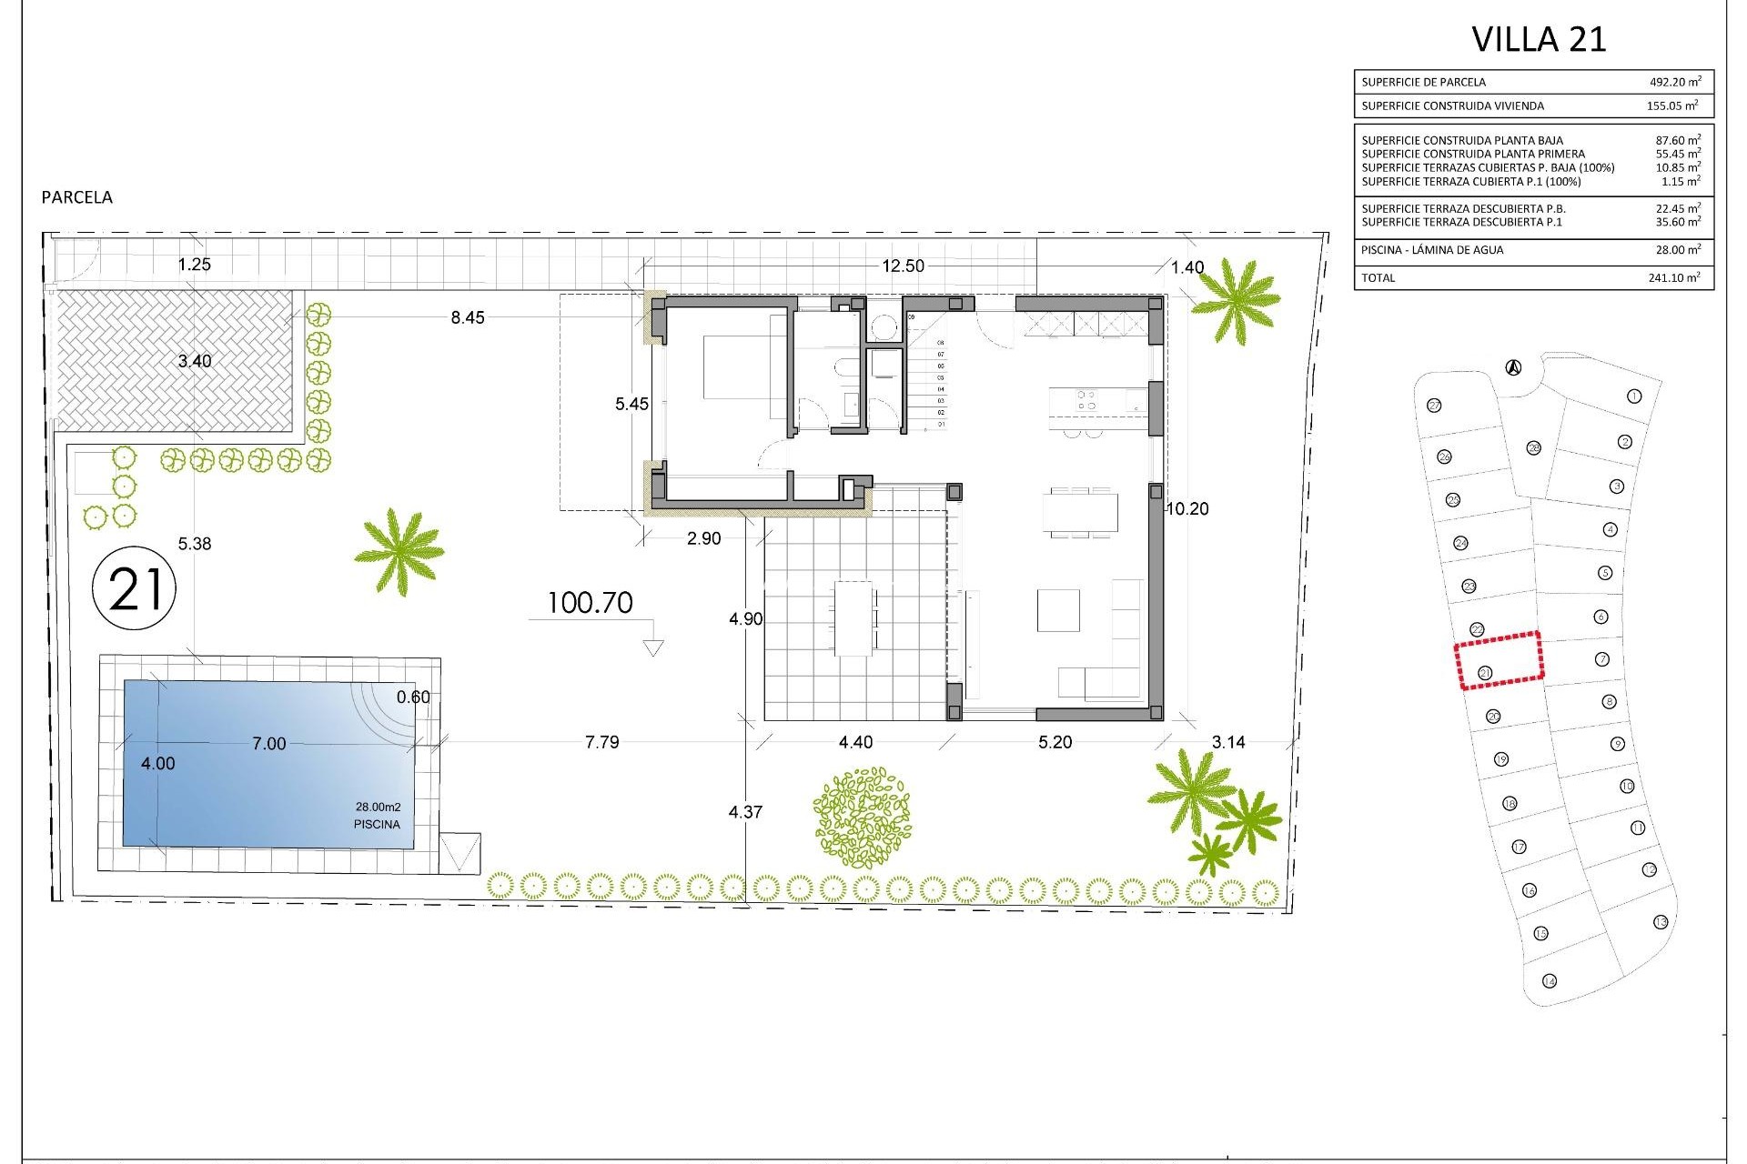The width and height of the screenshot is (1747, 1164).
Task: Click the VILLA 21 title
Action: [1539, 39]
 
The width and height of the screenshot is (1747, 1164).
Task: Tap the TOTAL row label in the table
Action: [1378, 278]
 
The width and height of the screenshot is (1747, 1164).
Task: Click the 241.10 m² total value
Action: [1673, 278]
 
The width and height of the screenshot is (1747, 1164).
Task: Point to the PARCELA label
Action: [77, 197]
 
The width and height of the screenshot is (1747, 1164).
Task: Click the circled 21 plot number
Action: [135, 588]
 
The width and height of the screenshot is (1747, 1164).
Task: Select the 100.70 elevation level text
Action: [590, 603]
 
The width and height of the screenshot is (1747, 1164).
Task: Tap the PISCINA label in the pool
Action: [377, 825]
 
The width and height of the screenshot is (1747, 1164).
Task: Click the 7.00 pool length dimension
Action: [268, 744]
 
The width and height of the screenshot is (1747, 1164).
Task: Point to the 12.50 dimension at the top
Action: [903, 266]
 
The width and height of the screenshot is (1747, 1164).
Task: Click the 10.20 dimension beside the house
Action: [1187, 509]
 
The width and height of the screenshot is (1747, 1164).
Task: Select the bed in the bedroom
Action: [739, 366]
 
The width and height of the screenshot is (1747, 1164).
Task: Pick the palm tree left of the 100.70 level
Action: [399, 550]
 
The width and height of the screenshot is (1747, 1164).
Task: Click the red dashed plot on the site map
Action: [1499, 660]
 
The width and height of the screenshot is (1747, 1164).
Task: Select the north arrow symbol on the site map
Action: [1512, 368]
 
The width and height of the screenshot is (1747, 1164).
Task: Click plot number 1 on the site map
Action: [1634, 396]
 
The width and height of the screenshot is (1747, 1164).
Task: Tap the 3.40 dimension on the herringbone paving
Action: [194, 361]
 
